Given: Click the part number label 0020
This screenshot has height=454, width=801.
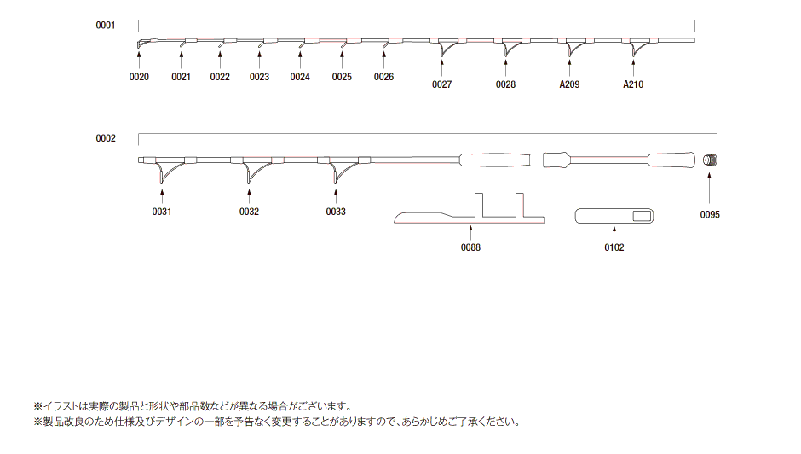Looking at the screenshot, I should [x=139, y=77].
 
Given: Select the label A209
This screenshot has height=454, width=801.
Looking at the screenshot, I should [x=569, y=84].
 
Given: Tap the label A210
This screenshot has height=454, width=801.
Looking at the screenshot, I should [x=633, y=84].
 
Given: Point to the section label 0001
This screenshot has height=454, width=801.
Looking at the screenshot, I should [x=105, y=26].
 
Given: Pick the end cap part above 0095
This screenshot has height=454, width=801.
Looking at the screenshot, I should [x=711, y=159].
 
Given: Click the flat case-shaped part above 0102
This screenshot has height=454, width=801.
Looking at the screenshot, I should [x=614, y=216].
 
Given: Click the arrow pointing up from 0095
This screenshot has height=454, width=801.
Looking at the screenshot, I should [x=711, y=188].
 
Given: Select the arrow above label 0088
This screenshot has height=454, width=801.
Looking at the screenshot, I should [x=470, y=231].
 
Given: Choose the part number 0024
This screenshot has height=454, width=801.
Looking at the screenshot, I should [x=300, y=77].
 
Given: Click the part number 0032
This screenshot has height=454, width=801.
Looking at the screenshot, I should [x=249, y=212].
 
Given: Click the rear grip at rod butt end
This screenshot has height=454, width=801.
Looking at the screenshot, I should [x=671, y=160].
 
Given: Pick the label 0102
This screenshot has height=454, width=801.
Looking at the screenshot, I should [x=614, y=247].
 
